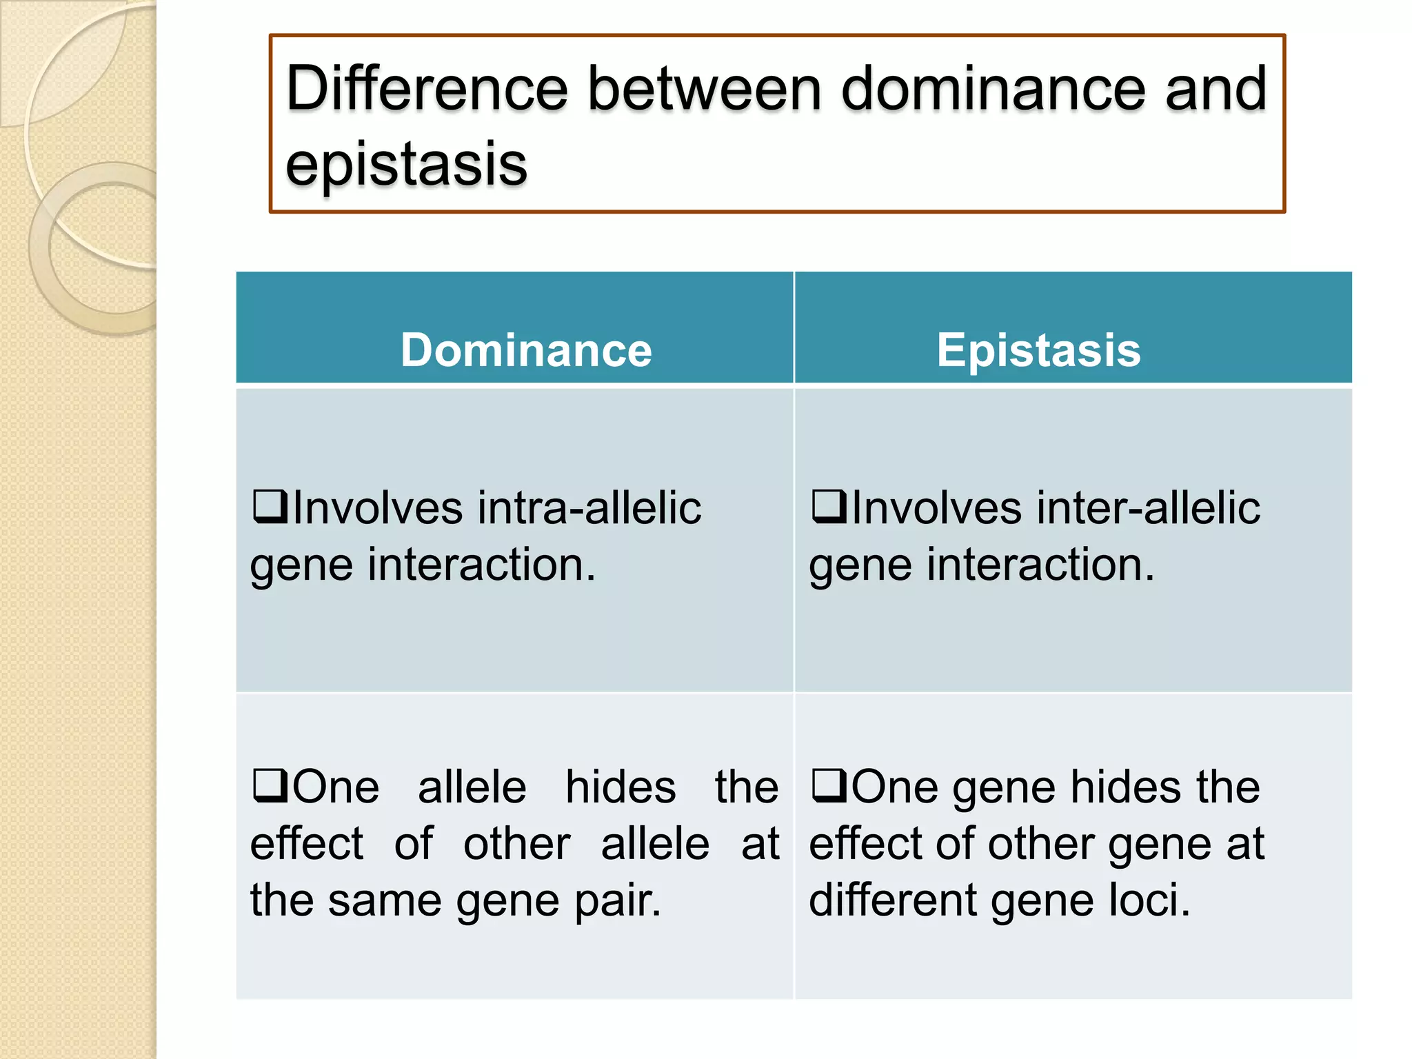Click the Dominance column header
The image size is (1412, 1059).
click(x=526, y=350)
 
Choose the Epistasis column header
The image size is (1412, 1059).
click(x=1038, y=350)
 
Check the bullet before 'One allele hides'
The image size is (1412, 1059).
click(x=270, y=786)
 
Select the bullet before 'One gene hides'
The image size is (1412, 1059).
click(x=829, y=786)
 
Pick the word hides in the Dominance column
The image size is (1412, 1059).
click(x=621, y=787)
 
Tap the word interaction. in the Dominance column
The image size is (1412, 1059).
click(x=481, y=565)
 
